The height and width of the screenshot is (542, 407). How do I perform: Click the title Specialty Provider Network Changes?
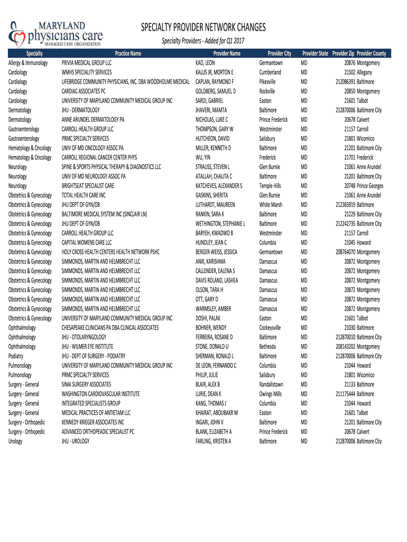[x=203, y=28]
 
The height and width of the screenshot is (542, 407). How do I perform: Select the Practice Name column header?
[x=128, y=53]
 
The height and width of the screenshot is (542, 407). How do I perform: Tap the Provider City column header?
[x=279, y=53]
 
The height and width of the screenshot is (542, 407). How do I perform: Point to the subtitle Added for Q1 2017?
[x=203, y=41]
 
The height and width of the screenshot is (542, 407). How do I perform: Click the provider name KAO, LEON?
[x=205, y=63]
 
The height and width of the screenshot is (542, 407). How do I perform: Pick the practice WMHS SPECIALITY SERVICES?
[x=87, y=73]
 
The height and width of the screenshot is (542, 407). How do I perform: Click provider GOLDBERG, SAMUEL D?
[x=215, y=92]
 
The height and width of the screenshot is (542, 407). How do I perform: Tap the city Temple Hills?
[x=270, y=186]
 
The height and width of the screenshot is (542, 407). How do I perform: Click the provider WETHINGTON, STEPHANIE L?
[x=220, y=224]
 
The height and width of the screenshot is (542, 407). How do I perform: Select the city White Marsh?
[x=271, y=205]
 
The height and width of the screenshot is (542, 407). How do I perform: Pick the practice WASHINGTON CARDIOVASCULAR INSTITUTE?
[x=100, y=394]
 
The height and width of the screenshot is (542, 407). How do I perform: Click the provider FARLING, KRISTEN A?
[x=214, y=441]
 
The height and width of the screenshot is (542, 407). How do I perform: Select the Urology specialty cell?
[x=16, y=441]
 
